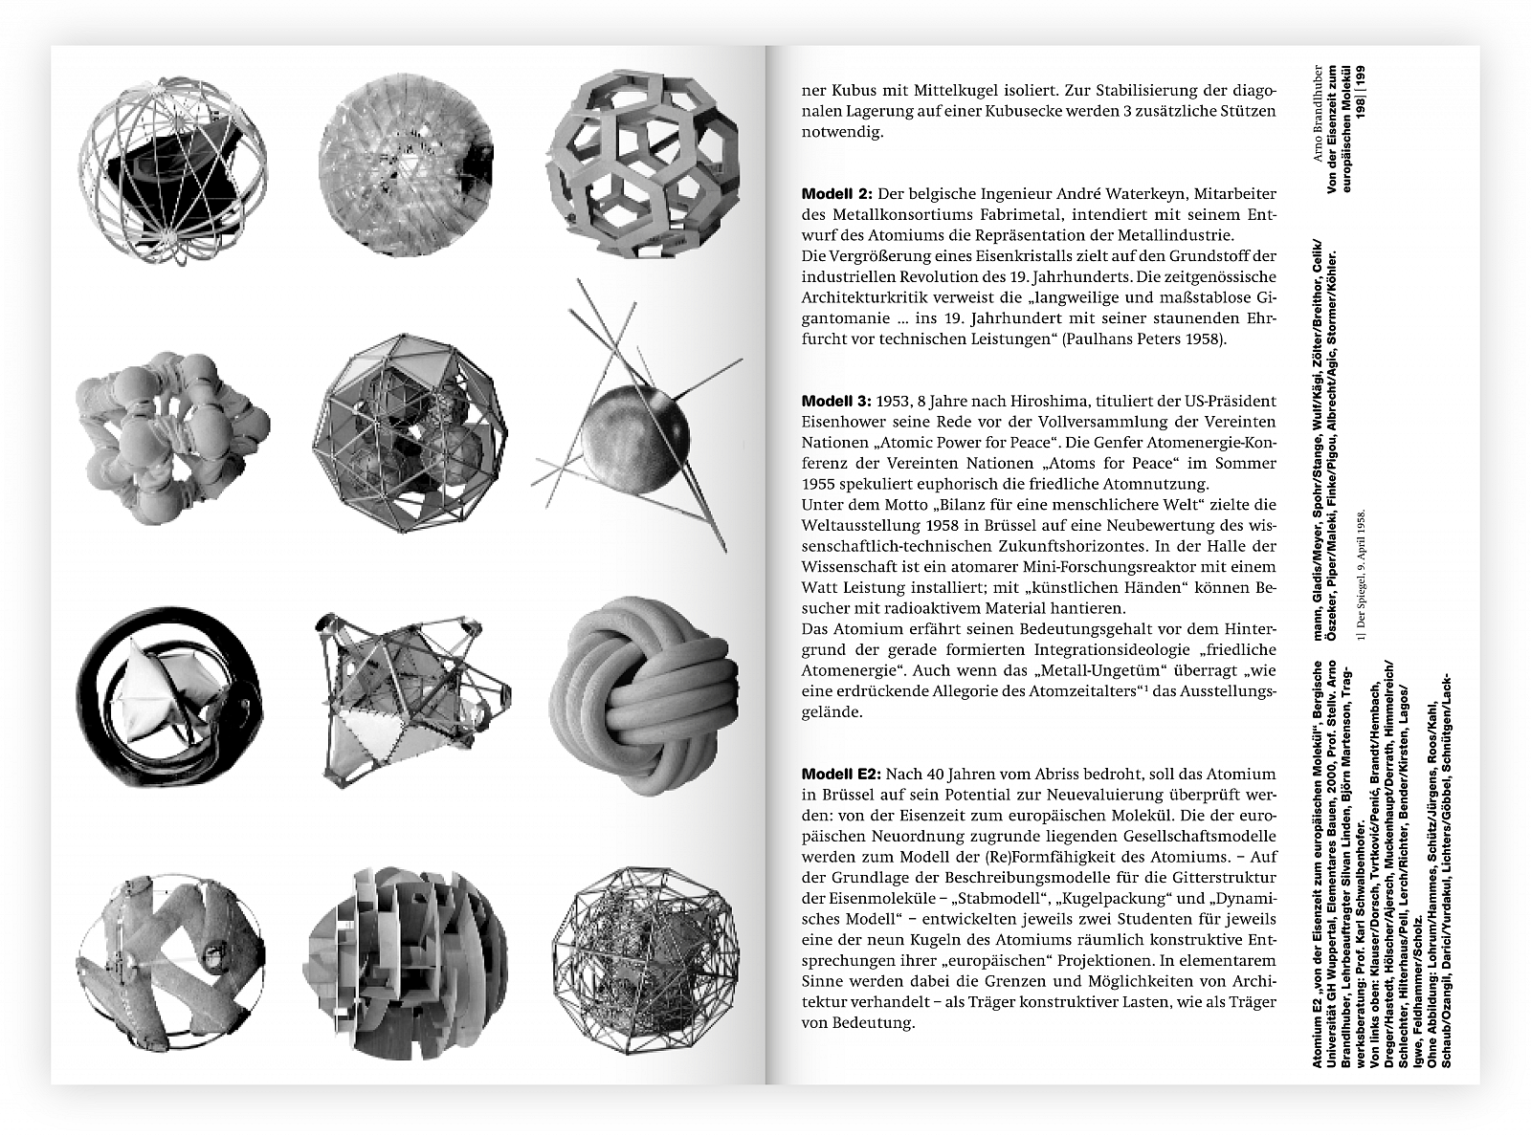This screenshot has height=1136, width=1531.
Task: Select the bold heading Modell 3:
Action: coord(835,401)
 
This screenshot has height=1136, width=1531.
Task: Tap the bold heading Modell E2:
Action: coord(841,774)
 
